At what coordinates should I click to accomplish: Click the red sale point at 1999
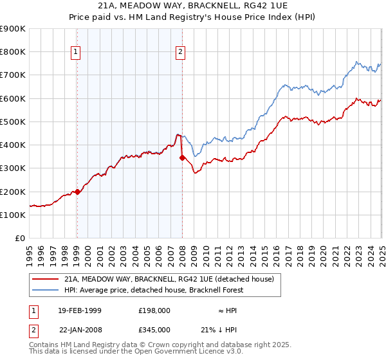(x=77, y=191)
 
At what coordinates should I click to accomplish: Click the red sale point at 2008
(x=182, y=157)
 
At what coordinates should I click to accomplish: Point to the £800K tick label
(x=13, y=51)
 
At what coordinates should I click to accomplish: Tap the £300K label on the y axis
(x=13, y=168)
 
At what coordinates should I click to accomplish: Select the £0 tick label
(x=20, y=238)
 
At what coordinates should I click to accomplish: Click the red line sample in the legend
(x=46, y=279)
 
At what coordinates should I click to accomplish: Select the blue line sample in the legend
(x=46, y=290)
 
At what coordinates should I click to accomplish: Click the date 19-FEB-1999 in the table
(x=79, y=310)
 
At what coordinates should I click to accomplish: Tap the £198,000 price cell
(x=154, y=310)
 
